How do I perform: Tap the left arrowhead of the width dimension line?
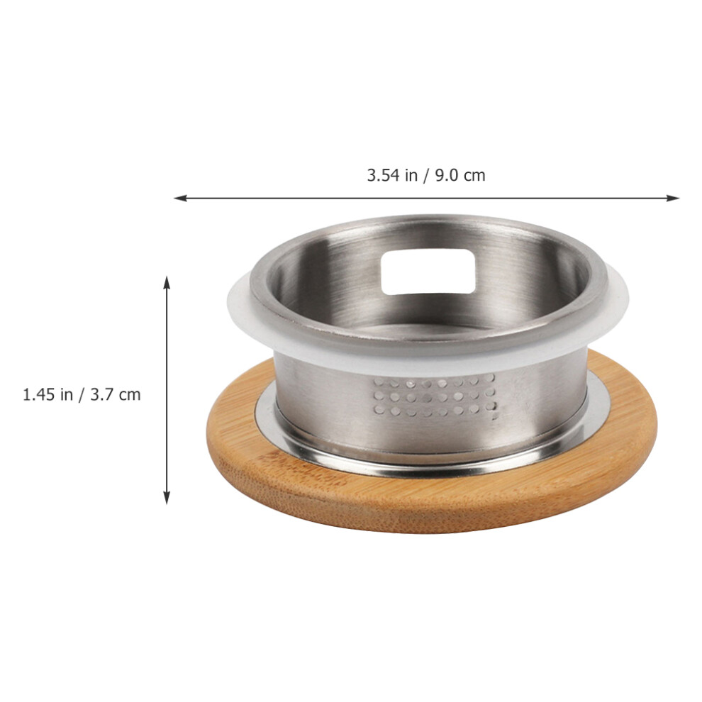coord(180,198)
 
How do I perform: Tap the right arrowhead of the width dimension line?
coord(673,198)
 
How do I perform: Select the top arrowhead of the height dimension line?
coord(167,283)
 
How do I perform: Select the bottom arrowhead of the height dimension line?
coord(167,497)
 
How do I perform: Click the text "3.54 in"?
coord(391,174)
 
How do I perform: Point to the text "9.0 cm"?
coord(460,174)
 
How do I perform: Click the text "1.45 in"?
coord(48,394)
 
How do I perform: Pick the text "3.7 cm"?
coord(116,394)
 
